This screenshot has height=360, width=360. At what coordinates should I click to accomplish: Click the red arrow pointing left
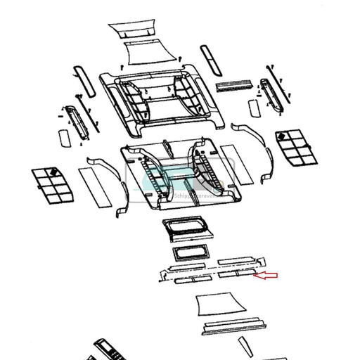click(266, 276)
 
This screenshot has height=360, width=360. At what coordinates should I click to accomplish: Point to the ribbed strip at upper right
click(234, 85)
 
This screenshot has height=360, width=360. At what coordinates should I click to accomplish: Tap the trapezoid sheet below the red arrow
click(220, 303)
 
